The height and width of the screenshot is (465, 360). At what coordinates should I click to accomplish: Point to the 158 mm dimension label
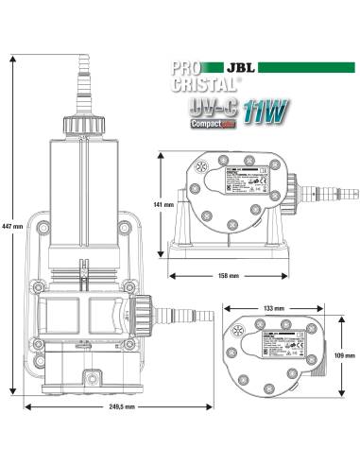228,276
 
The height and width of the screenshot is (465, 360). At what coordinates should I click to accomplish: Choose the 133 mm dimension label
274,309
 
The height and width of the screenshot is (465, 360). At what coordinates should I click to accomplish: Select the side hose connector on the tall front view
164,310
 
